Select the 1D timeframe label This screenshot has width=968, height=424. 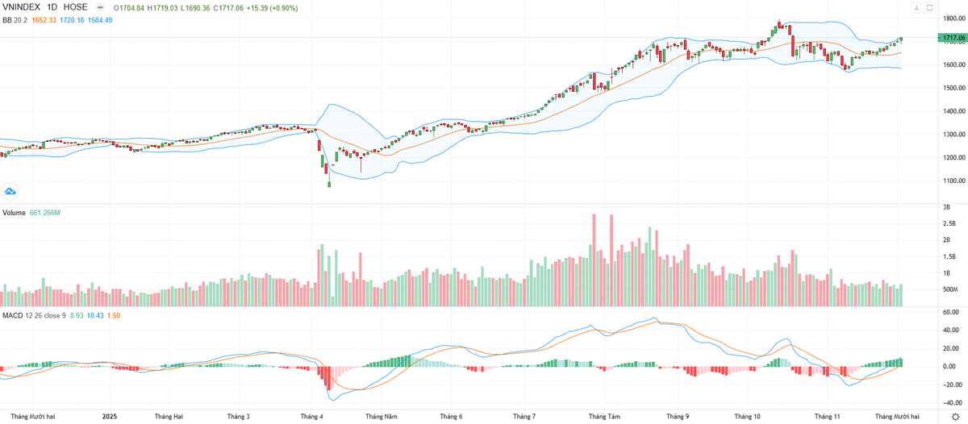pyautogui.click(x=56, y=7)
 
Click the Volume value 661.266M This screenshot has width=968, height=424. pyautogui.click(x=47, y=214)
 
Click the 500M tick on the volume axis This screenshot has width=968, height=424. pyautogui.click(x=949, y=289)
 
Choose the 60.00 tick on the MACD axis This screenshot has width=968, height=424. pyautogui.click(x=949, y=311)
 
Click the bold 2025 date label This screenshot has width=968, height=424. pyautogui.click(x=111, y=416)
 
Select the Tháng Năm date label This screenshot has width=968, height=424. pyautogui.click(x=382, y=416)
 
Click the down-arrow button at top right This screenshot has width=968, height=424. pyautogui.click(x=916, y=8)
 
